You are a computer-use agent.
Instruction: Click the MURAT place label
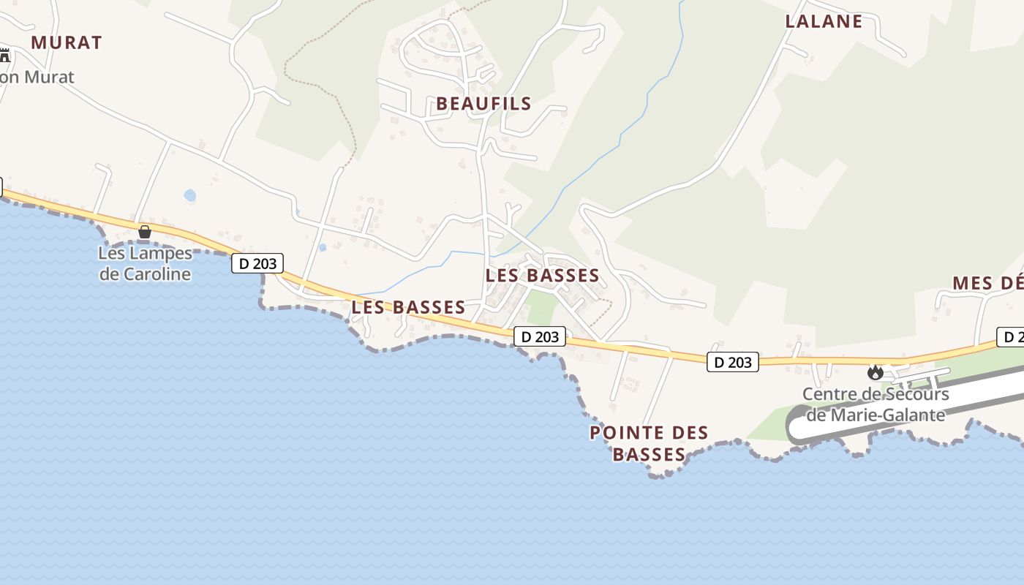point(67,42)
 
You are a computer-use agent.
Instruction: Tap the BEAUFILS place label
point(483,104)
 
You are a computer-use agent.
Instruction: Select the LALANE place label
point(824,22)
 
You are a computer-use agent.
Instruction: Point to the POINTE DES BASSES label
point(650,444)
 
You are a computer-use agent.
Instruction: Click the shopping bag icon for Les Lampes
point(145,232)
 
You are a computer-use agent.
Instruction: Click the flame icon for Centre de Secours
point(875,372)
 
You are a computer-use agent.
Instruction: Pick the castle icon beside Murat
point(5,55)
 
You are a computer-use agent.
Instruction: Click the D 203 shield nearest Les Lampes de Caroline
point(257,263)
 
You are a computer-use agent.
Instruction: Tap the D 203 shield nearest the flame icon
point(732,362)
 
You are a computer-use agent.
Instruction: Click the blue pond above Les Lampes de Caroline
point(190,195)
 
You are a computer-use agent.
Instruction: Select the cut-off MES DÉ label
point(987,284)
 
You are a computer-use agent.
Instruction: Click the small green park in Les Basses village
point(540,308)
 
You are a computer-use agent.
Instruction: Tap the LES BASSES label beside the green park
point(542,276)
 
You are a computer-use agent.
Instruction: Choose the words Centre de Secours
point(875,394)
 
